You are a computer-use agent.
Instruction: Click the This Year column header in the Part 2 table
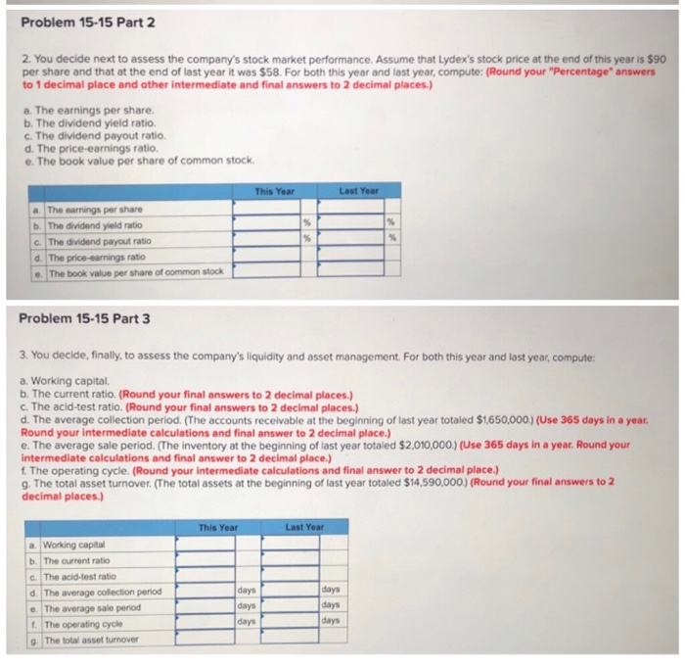(273, 192)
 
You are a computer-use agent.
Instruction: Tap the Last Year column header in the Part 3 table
(304, 528)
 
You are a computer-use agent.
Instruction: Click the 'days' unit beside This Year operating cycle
(247, 622)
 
